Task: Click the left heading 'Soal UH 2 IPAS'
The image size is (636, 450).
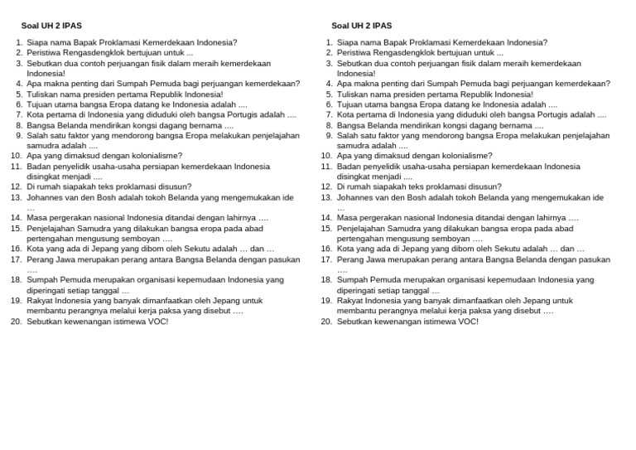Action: [x=51, y=26]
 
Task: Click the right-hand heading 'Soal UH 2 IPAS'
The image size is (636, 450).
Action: [x=362, y=26]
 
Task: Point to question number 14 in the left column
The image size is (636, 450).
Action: [x=16, y=218]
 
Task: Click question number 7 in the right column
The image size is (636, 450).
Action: [x=329, y=115]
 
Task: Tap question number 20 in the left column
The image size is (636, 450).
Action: [x=16, y=322]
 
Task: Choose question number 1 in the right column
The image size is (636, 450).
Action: [x=329, y=42]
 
